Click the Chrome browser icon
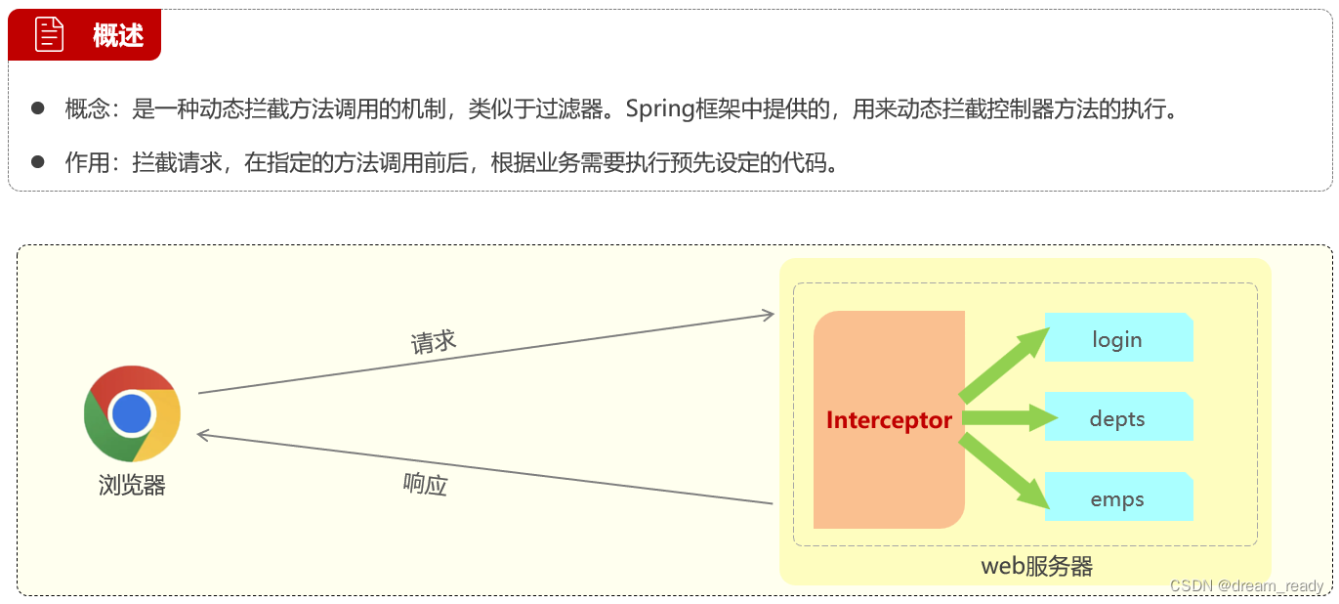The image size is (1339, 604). (132, 413)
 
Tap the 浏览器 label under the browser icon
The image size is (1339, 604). (132, 485)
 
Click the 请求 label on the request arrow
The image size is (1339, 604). (434, 342)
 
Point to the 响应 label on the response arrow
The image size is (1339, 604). (425, 483)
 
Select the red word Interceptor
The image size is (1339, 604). (889, 420)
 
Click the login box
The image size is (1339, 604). (1118, 338)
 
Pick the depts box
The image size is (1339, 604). (1118, 418)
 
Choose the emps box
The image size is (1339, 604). (1118, 498)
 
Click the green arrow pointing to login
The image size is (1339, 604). (1006, 364)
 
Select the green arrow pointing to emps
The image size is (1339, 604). (1006, 474)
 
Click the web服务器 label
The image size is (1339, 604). (1036, 566)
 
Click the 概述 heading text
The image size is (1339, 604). (118, 36)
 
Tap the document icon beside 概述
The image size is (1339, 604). (49, 35)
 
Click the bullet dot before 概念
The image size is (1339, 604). (38, 108)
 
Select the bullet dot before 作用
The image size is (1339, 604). (38, 161)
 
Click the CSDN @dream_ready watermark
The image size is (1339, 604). (1246, 585)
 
